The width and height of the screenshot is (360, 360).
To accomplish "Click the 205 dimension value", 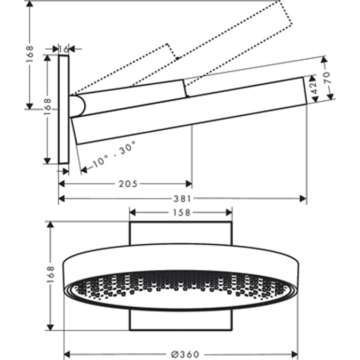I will [128, 184].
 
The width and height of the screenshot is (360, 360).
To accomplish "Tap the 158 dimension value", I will [181, 212].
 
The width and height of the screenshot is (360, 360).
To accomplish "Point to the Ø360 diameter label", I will [186, 354].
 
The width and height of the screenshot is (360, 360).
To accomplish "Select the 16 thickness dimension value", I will [64, 49].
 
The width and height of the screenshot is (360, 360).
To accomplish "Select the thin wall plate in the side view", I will [63, 109].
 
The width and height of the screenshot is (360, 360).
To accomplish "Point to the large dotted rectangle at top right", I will [235, 43].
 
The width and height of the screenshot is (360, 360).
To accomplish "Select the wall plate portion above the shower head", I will [181, 233].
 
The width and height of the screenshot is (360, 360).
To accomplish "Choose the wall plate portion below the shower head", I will [181, 320].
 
